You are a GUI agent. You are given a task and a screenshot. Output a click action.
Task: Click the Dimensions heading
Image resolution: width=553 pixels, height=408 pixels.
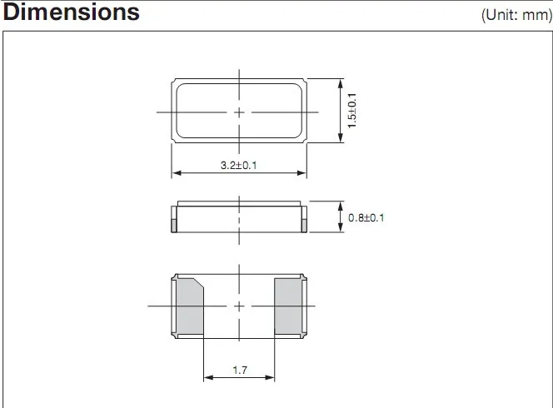tap(72, 12)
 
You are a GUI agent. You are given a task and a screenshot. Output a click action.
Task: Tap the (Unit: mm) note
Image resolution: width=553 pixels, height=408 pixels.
tap(516, 15)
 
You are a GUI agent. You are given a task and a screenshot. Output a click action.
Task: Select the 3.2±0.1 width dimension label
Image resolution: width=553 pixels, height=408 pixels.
tap(239, 165)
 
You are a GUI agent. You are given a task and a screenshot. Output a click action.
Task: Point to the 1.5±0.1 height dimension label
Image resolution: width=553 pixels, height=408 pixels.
tap(352, 111)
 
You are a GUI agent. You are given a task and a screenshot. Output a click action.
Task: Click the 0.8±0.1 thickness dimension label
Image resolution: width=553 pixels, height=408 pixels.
tap(366, 217)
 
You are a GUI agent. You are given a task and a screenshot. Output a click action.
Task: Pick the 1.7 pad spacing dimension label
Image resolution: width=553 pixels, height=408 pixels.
tap(240, 370)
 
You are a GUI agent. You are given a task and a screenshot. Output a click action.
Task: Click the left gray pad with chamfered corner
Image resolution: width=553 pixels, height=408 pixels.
tap(190, 306)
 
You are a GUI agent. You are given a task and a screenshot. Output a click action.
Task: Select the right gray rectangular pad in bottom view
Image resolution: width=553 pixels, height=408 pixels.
tap(288, 306)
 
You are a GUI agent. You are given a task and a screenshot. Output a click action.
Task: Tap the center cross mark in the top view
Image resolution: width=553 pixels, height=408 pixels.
tap(239, 112)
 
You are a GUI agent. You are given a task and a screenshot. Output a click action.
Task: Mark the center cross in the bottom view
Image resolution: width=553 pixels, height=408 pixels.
tap(239, 306)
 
